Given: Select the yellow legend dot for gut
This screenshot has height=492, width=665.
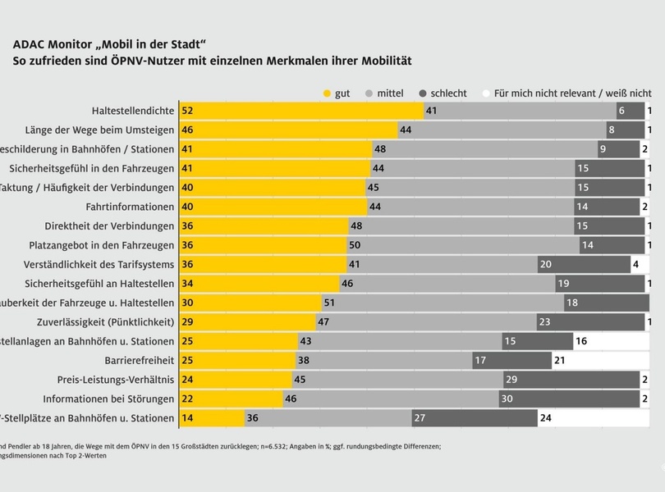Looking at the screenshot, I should [327, 93].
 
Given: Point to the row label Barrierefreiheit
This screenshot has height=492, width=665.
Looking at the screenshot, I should [140, 360].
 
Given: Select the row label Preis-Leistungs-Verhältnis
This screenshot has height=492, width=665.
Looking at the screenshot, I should [116, 380].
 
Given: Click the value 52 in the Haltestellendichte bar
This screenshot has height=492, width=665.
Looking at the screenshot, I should [188, 111].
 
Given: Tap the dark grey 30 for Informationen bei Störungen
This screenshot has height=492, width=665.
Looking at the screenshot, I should [507, 399].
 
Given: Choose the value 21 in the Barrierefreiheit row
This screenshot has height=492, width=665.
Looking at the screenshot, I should [560, 360].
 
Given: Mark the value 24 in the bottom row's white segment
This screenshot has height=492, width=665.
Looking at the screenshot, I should [546, 418].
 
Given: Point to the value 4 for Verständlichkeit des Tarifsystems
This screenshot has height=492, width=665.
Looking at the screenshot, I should [635, 264].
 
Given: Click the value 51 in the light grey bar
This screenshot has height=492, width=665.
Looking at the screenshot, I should [329, 303].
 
